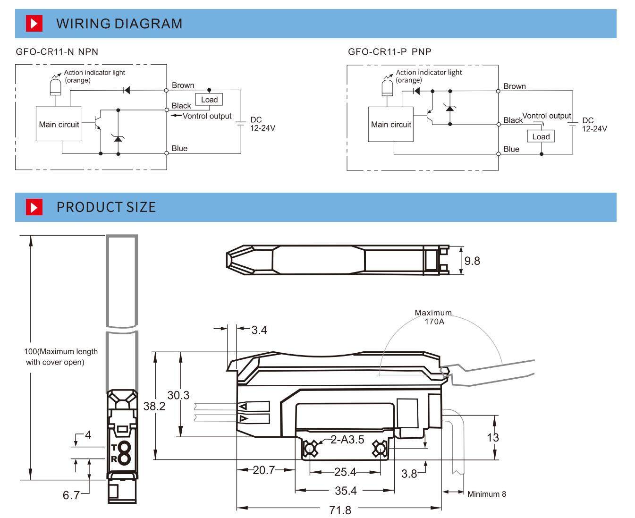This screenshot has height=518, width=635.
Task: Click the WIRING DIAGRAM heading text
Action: [119, 24]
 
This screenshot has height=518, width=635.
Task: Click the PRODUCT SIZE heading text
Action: [106, 207]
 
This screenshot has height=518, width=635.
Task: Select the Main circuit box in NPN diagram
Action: [59, 124]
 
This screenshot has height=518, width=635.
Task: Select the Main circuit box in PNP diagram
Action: [390, 124]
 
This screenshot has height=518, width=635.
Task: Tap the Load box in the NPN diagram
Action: [209, 100]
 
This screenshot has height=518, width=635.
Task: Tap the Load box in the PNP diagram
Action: [541, 136]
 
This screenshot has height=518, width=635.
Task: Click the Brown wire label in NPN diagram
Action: [183, 85]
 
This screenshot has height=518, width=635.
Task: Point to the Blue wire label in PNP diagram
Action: [511, 149]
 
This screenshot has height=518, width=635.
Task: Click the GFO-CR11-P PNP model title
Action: [389, 52]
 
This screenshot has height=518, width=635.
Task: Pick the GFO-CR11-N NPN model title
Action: [57, 52]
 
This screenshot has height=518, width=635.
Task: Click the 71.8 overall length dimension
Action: [340, 510]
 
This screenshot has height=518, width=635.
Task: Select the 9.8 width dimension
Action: [472, 261]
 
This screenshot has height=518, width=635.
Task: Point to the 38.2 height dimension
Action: [154, 406]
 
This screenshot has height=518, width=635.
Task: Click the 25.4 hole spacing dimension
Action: [345, 472]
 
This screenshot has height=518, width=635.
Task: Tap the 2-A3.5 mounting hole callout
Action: [347, 440]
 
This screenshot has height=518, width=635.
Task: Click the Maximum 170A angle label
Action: [433, 317]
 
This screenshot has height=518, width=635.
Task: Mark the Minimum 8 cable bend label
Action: [486, 494]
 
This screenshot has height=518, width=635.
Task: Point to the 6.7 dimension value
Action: [71, 495]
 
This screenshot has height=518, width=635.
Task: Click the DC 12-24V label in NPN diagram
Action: [262, 124]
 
